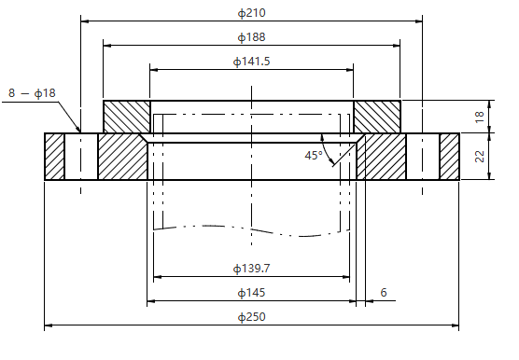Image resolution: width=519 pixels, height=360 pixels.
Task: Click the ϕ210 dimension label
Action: [x=252, y=12]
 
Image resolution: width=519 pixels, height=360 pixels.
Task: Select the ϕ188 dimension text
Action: [x=252, y=36]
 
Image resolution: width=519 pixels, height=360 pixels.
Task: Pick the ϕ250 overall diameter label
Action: [x=252, y=317]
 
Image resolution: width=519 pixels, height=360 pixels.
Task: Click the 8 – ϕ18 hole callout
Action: [x=32, y=93]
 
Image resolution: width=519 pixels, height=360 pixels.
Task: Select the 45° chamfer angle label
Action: [x=313, y=155]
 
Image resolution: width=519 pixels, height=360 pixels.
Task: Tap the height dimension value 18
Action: [x=479, y=116]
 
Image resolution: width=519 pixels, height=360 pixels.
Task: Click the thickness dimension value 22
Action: [x=479, y=157]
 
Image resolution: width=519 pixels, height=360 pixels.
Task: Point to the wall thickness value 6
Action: [x=383, y=293]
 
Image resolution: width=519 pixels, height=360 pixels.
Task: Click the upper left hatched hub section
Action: [x=126, y=117]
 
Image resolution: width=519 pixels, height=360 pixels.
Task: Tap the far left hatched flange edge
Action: [x=54, y=157]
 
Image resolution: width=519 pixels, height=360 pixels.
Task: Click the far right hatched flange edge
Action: [x=450, y=157]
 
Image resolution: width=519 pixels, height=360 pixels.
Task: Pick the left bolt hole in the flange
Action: [x=81, y=157]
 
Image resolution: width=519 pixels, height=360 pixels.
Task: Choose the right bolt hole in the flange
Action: [x=423, y=157]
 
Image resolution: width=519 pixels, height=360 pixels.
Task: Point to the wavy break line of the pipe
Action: [x=252, y=228]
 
